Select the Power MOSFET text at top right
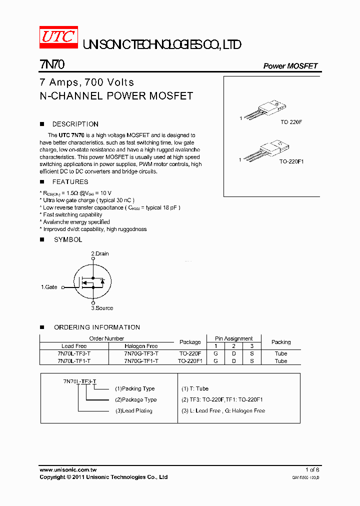[x=290, y=66]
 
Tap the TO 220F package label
[x=291, y=122]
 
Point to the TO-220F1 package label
[x=291, y=161]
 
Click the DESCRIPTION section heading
[x=75, y=124]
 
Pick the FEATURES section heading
[x=70, y=182]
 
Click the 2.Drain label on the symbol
[x=99, y=253]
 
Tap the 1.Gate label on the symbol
[x=49, y=287]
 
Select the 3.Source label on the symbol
[x=102, y=308]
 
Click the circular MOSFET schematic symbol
[x=92, y=281]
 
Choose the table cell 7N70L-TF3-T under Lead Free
[x=74, y=353]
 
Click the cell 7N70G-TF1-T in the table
[x=141, y=361]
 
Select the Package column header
[x=190, y=342]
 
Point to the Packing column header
[x=281, y=342]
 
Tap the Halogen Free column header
[x=141, y=346]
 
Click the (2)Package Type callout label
[x=135, y=399]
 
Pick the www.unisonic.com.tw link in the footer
[x=68, y=470]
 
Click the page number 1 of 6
[x=312, y=470]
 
